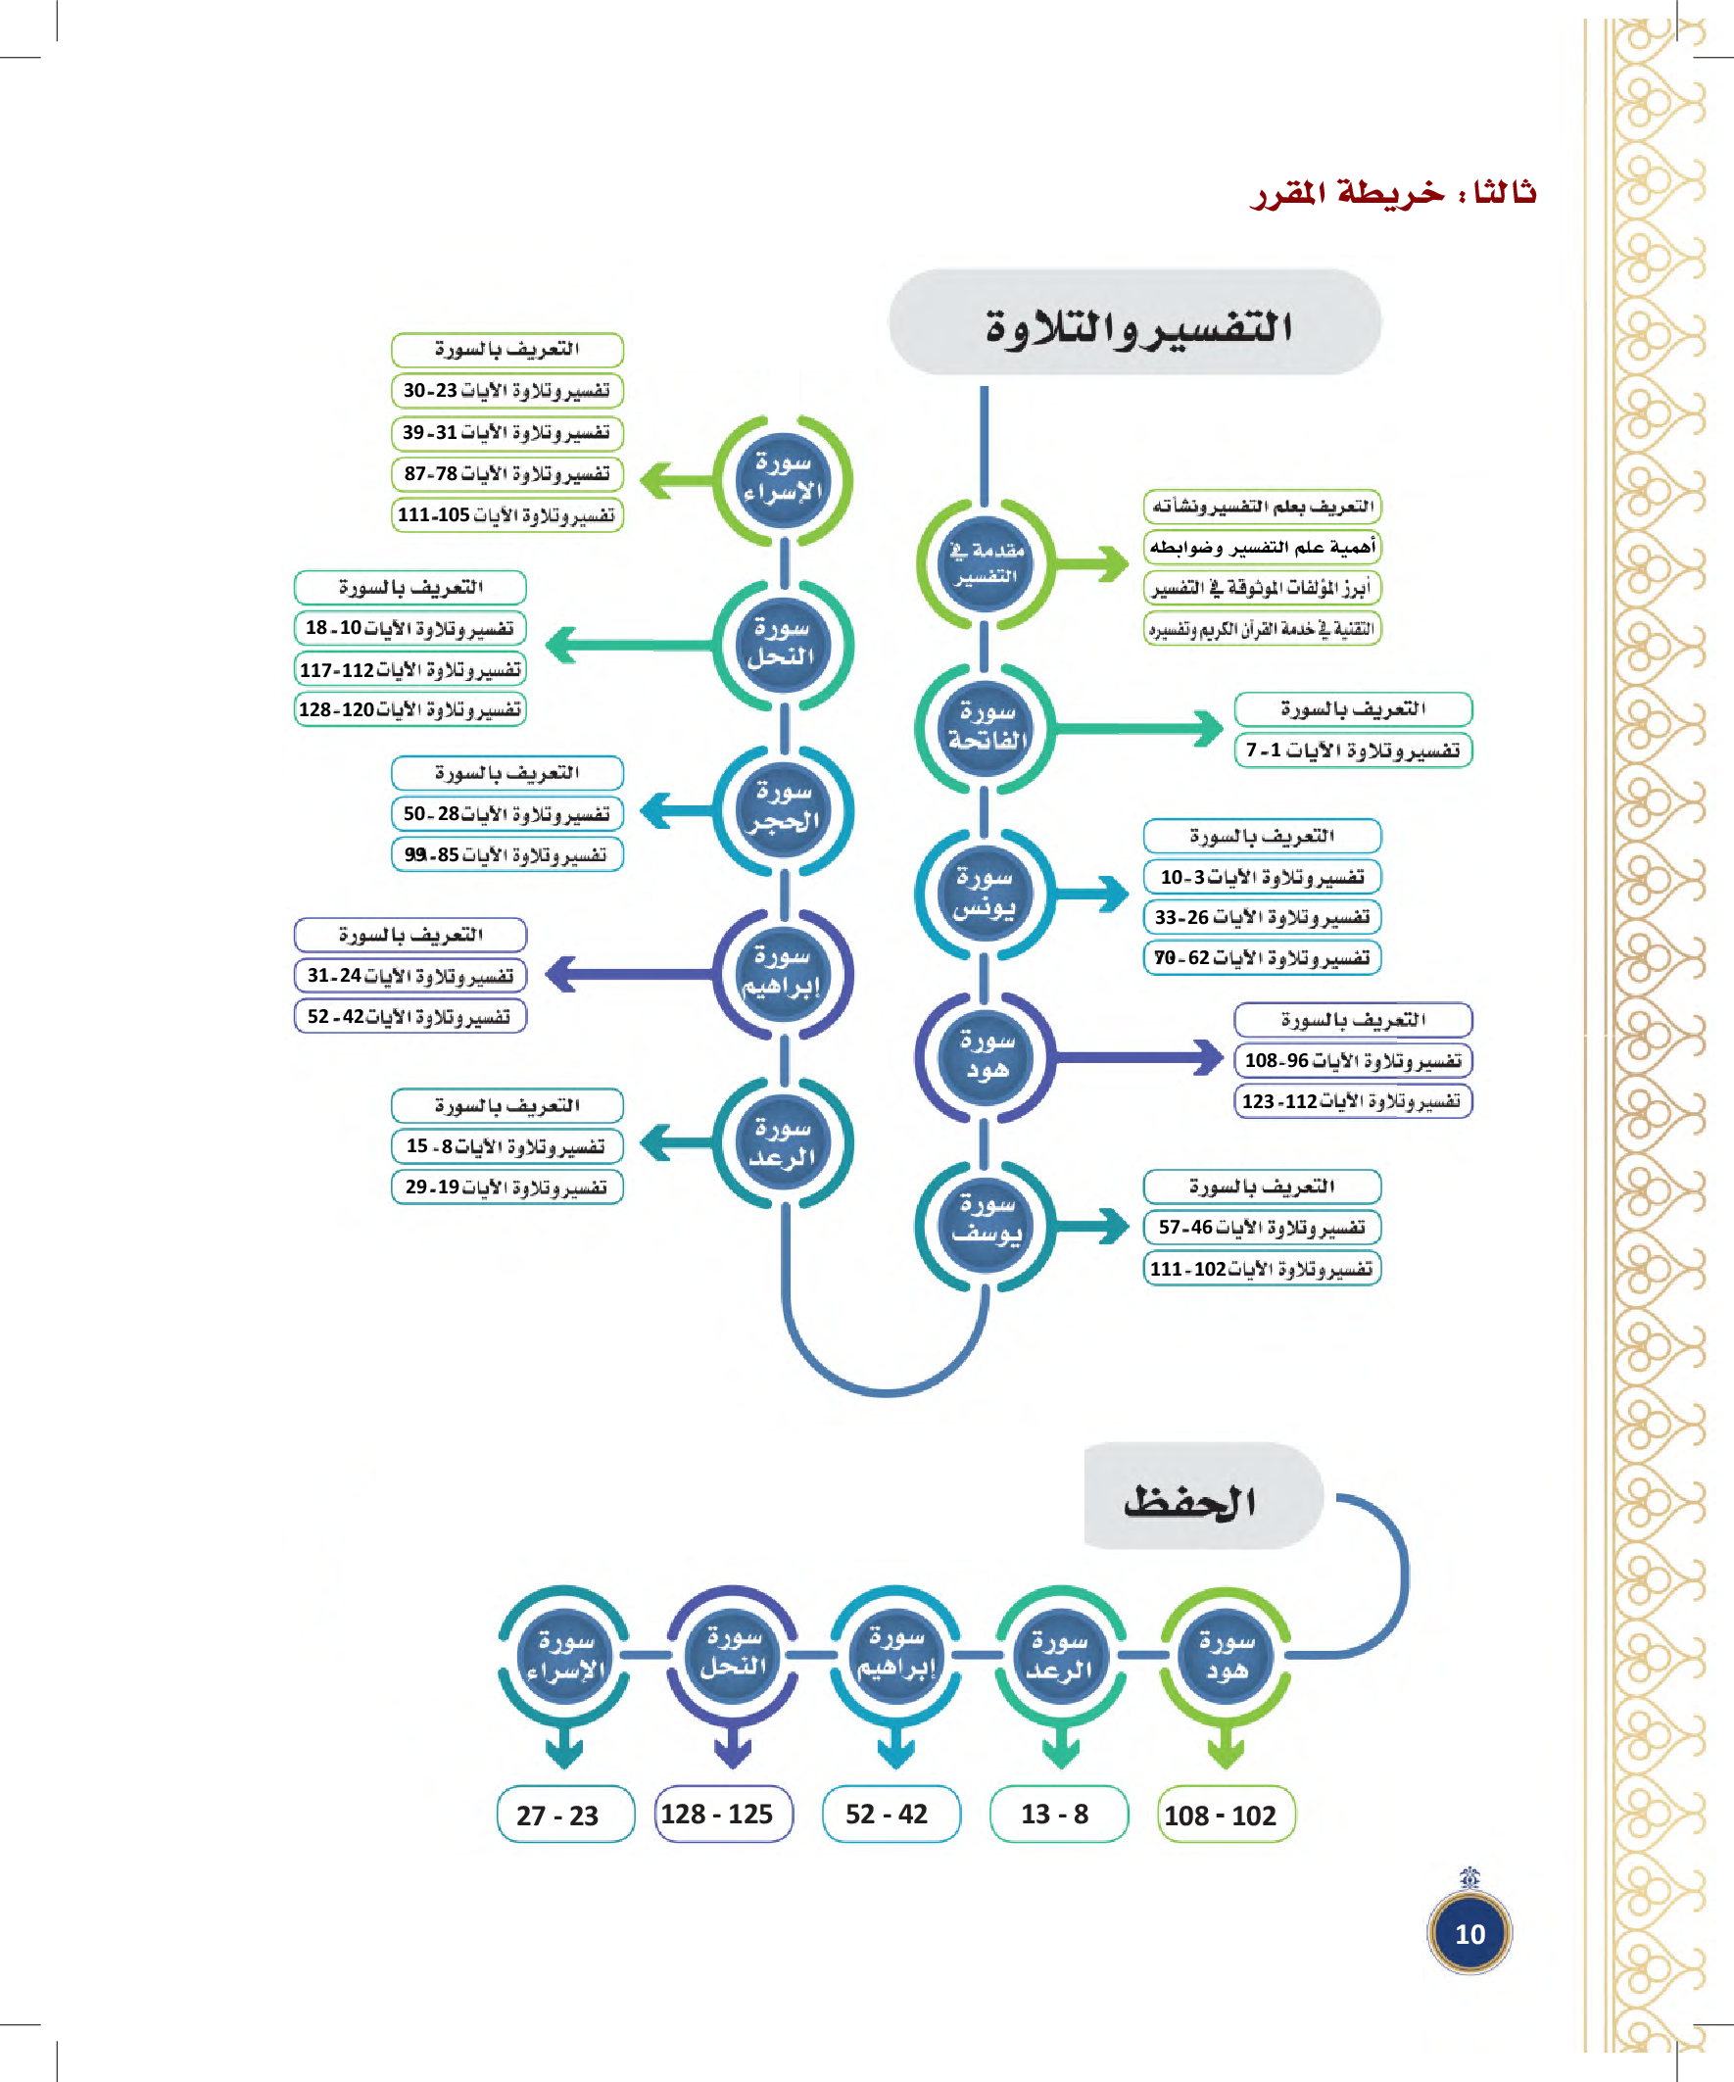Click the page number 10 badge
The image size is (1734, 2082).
pos(1469,1932)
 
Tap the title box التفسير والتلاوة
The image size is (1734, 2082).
pos(1134,323)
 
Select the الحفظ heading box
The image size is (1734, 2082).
pos(1202,1497)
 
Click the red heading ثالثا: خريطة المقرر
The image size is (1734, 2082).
pos(1393,191)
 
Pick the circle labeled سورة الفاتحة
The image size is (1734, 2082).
pos(985,728)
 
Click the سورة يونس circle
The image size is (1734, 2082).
pos(985,894)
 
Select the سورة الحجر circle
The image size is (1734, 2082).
pos(783,809)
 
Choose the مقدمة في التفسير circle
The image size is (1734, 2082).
pos(985,563)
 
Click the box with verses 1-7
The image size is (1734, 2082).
pos(1352,750)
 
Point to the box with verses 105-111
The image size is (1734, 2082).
pos(506,515)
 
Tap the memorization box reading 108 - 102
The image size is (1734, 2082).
pos(1226,1815)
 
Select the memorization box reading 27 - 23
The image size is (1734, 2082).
pos(565,1815)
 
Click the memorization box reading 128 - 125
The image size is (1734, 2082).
pos(724,1814)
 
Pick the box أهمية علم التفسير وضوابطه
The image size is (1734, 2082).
pos(1261,548)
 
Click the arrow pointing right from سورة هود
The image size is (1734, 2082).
pos(1140,1057)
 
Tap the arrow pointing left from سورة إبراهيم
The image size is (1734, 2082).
pos(629,974)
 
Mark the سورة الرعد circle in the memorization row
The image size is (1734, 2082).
pos(1060,1654)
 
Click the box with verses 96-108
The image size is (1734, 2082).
pos(1352,1061)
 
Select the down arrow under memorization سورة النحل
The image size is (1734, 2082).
pos(733,1745)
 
